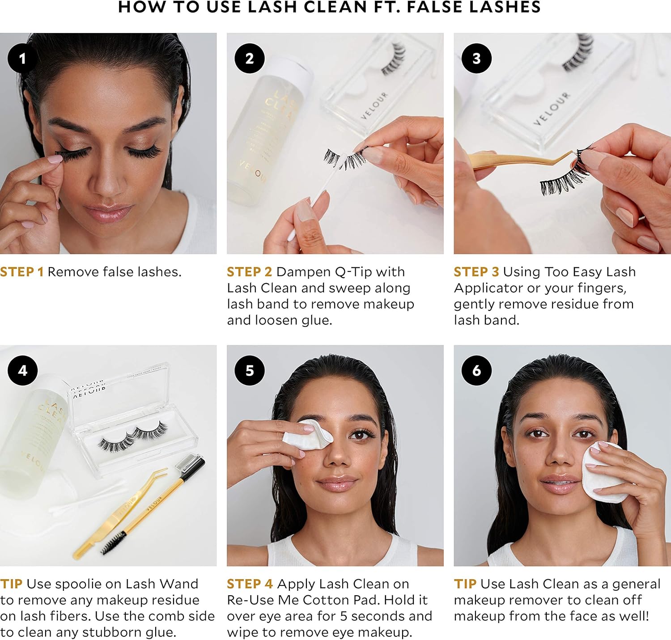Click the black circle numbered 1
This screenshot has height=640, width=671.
click(x=22, y=59)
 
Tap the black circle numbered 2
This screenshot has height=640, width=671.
click(x=250, y=59)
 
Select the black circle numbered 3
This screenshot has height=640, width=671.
click(x=476, y=59)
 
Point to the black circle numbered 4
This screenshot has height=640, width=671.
click(x=22, y=370)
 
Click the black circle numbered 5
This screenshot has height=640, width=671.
click(x=250, y=370)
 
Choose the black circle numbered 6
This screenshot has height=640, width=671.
click(x=476, y=370)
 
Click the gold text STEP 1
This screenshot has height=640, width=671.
click(x=22, y=272)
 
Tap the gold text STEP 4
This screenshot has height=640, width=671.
click(x=250, y=584)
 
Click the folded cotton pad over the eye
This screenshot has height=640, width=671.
click(x=307, y=435)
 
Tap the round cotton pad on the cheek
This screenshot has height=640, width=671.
click(x=604, y=472)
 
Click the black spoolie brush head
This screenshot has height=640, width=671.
click(x=113, y=543)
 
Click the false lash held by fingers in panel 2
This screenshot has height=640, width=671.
click(x=345, y=158)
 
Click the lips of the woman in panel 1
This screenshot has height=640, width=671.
click(x=107, y=212)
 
